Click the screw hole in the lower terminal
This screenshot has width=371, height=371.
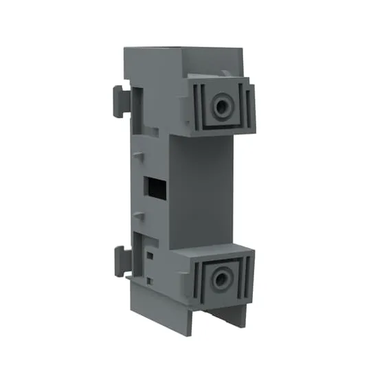pos(221,279)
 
